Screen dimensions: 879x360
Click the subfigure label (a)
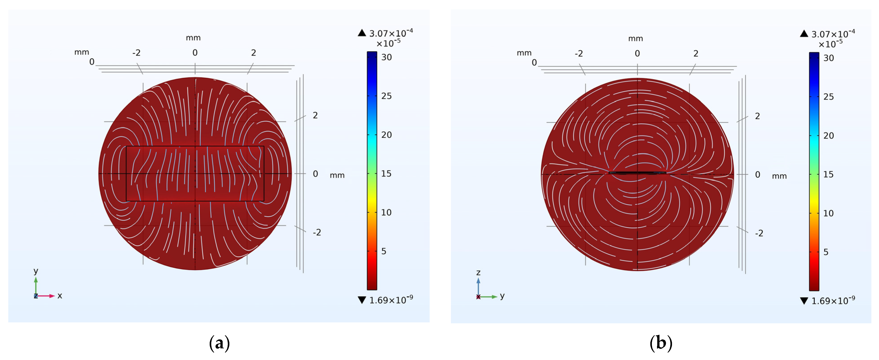coord(219,343)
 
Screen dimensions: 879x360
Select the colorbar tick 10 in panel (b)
coord(828,213)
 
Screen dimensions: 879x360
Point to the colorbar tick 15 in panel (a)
coord(386,174)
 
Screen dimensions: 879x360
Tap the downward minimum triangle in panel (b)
coord(804,301)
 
